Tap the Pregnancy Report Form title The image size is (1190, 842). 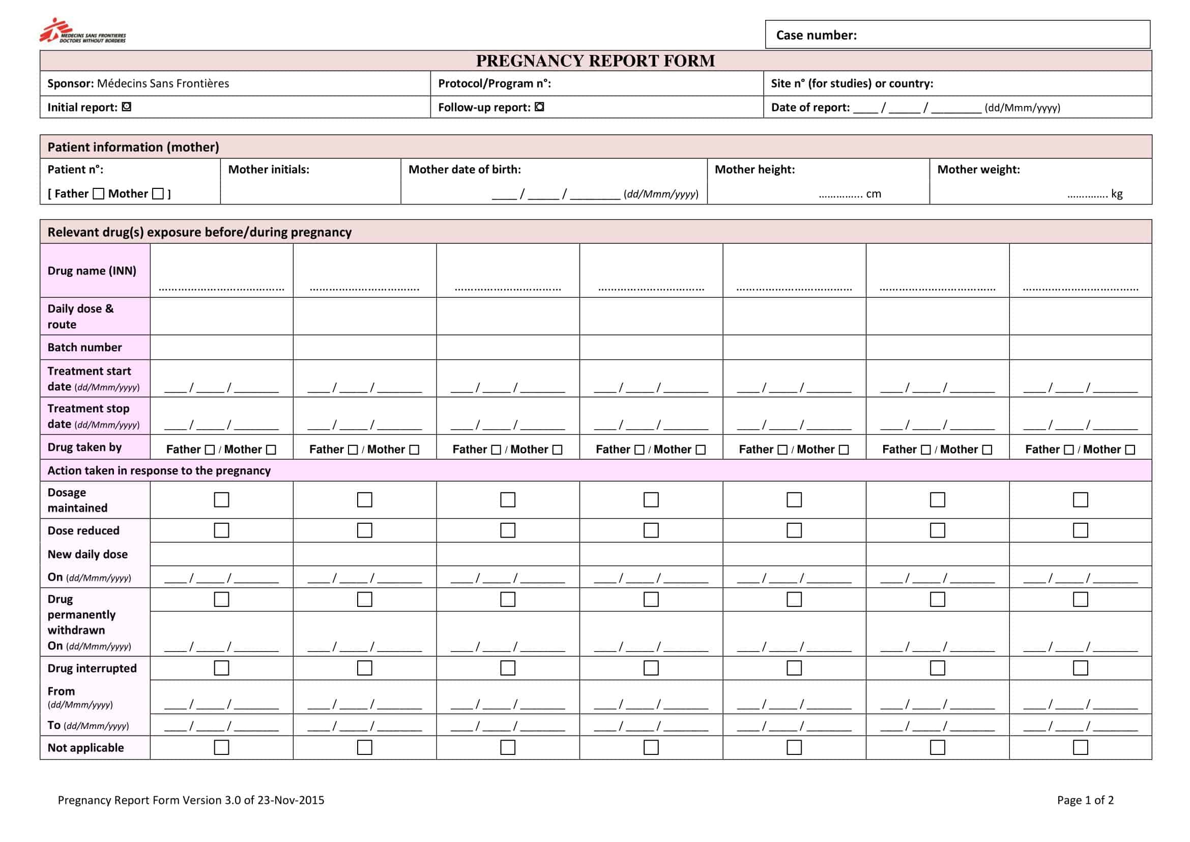point(595,61)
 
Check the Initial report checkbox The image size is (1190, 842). point(127,107)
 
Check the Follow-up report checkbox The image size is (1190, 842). point(539,107)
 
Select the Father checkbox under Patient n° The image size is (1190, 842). point(99,194)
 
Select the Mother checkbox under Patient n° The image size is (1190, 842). point(158,194)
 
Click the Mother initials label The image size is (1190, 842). point(269,170)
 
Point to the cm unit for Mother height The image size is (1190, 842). point(874,194)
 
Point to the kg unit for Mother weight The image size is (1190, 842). point(1117,194)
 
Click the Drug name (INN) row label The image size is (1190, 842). point(92,271)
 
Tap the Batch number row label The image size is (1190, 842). point(84,347)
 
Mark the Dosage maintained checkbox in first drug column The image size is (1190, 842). point(221,500)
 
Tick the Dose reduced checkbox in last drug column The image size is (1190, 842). point(1080,530)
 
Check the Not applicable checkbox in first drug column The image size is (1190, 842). point(221,747)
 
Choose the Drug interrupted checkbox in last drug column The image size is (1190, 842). point(1080,668)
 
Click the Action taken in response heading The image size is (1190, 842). point(159,470)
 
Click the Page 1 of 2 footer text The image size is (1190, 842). point(1085,800)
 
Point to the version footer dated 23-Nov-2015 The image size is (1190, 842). point(191,800)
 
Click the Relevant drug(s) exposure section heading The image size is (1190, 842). point(199,232)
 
